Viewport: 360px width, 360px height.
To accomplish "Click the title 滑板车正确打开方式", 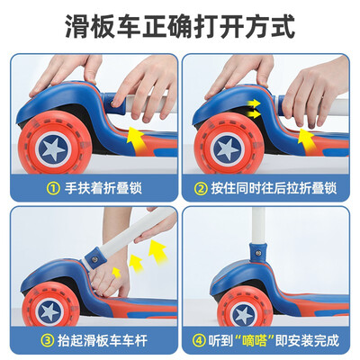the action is (180, 27).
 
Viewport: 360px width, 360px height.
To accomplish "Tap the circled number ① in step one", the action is (53, 188).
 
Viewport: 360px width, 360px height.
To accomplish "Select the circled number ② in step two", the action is (201, 189).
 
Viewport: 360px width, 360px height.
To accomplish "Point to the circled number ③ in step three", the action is (47, 340).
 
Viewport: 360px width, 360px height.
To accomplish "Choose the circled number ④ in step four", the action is (199, 340).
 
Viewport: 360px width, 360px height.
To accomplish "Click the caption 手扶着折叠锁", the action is (103, 188).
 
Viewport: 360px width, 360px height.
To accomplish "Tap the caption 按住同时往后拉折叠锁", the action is (274, 188).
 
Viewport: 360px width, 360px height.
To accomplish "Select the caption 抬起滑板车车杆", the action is (103, 340).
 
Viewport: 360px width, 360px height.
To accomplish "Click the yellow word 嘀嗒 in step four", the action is (254, 340).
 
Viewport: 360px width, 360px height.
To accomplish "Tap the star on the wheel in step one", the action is (53, 148).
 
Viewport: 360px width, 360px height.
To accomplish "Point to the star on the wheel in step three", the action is (49, 310).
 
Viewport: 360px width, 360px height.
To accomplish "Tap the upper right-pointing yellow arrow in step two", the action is (254, 103).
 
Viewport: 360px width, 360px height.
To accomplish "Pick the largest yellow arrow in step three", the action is (157, 253).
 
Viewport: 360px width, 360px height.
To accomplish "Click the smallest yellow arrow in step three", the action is (116, 273).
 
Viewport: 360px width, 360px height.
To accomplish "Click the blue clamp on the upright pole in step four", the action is (257, 252).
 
